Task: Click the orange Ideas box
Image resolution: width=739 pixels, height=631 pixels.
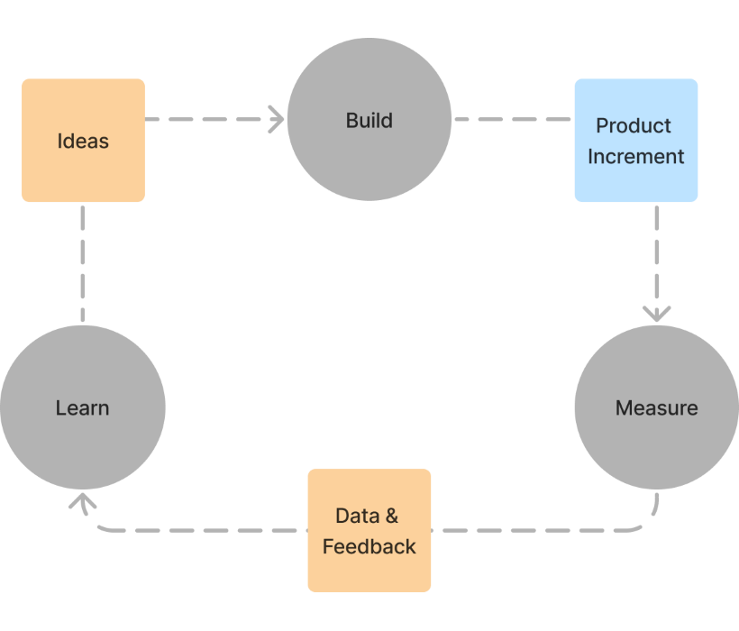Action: click(x=83, y=140)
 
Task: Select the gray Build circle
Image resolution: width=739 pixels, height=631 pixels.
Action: click(x=369, y=119)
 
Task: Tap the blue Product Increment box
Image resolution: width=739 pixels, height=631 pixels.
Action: click(x=636, y=140)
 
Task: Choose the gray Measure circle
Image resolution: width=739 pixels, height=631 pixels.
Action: click(x=656, y=407)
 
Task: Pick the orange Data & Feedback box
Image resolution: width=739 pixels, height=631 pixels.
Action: click(x=369, y=530)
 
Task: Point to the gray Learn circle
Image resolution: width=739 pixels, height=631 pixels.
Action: click(x=82, y=407)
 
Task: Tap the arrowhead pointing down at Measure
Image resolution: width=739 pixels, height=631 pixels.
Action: click(x=656, y=313)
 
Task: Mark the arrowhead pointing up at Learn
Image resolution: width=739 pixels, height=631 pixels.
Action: click(x=82, y=500)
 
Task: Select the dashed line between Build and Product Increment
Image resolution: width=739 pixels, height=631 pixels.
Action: click(x=512, y=118)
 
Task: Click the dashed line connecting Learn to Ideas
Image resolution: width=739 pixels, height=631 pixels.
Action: click(x=82, y=263)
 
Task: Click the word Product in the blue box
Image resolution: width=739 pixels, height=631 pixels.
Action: click(x=634, y=125)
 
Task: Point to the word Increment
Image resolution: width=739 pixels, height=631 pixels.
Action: click(x=636, y=156)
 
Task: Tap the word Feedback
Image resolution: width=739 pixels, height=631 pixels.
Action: click(x=369, y=546)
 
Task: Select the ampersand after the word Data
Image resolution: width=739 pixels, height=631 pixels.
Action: click(x=391, y=517)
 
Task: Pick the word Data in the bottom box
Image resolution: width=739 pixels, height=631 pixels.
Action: click(x=356, y=517)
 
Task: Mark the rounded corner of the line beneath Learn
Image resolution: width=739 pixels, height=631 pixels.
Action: click(x=88, y=525)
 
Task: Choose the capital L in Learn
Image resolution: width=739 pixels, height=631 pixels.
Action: click(x=60, y=407)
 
